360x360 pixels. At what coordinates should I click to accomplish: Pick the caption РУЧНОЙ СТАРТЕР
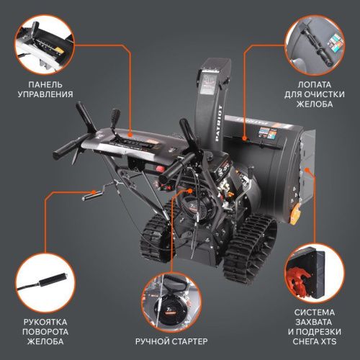pos(173,340)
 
